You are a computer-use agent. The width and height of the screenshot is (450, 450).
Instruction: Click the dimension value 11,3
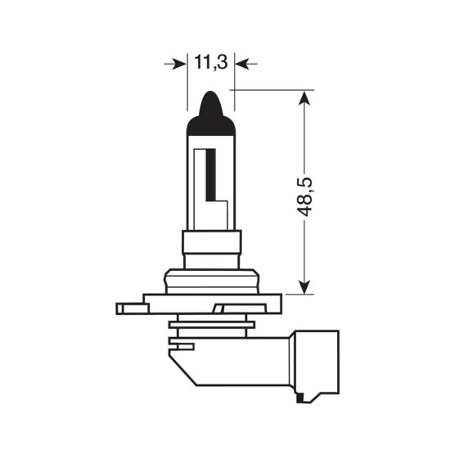[x=210, y=61]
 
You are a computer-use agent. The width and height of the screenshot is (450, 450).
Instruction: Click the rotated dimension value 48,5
[x=305, y=193]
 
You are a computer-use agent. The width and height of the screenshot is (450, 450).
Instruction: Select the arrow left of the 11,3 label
[x=175, y=63]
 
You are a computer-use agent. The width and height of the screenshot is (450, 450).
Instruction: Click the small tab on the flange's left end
[x=125, y=309]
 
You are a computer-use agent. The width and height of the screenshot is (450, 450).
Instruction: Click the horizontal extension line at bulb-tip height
[x=270, y=89]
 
